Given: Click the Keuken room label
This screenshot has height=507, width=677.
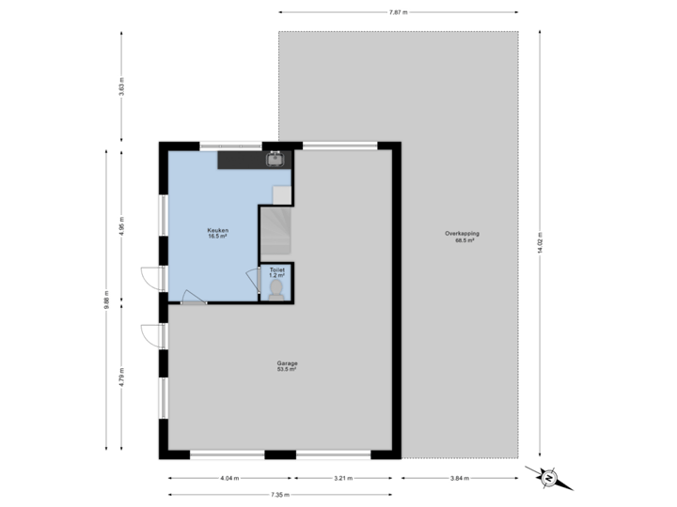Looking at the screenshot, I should pos(218,230).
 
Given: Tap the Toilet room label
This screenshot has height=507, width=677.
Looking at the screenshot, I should pos(276,269).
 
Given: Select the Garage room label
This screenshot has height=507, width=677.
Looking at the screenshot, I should pos(287,363).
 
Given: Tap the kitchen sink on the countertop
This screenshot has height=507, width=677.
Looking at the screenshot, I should pos(276,160).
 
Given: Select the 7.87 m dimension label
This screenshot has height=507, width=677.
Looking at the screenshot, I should pos(399,12).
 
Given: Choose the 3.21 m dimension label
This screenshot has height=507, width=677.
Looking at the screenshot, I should pos(343,478).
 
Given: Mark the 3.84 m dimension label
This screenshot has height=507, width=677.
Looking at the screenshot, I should pos(460,478).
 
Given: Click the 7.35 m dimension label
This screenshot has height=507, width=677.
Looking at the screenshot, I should pos(280,495).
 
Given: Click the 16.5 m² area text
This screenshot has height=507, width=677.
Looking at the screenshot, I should pos(218,237).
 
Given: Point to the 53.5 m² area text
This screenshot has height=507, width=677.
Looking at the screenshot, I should pos(287,370).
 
